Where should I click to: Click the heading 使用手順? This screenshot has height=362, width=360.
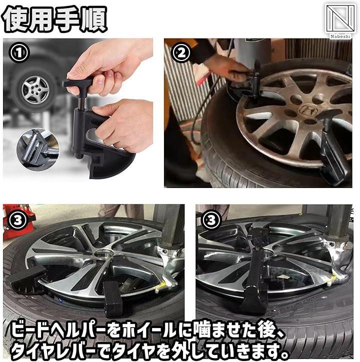(x=54, y=18)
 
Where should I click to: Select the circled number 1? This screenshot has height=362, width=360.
(x=19, y=53)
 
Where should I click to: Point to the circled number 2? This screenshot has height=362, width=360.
(x=181, y=53)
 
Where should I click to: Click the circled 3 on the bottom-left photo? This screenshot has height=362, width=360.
(x=18, y=220)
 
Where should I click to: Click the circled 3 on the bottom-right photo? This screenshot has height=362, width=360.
(x=211, y=220)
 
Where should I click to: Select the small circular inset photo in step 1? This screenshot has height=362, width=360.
(x=38, y=150)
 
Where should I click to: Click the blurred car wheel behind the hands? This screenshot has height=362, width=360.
(x=35, y=90)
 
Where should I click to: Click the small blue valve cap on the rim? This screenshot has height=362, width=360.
(x=60, y=300)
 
